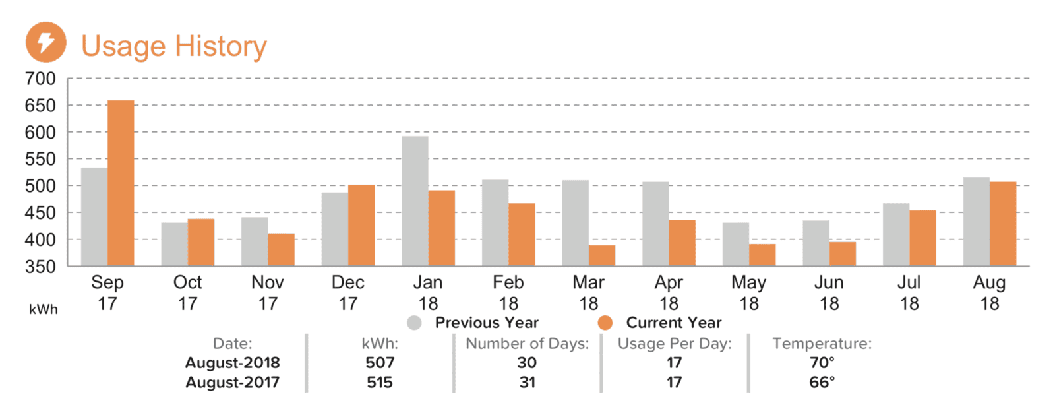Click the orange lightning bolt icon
pos(45,42)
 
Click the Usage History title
pos(174,46)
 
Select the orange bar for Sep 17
pos(121,183)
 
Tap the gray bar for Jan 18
pos(415,201)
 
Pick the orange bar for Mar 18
pos(602,255)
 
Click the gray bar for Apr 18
pos(655,224)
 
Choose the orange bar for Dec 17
pos(361,226)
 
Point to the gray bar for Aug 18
pos(977,222)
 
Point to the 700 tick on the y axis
pos(40,79)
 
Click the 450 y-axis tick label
pos(40,213)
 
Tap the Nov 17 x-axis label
pos(268,293)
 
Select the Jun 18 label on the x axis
pos(829,293)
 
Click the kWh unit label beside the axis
pos(44,309)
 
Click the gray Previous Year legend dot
pos(415,323)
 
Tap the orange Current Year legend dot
pos(605,323)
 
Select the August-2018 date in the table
pos(233,362)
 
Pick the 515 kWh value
pos(380,382)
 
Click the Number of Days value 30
pos(527,362)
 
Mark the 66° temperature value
pos(822,382)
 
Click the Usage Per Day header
pos(675,344)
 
